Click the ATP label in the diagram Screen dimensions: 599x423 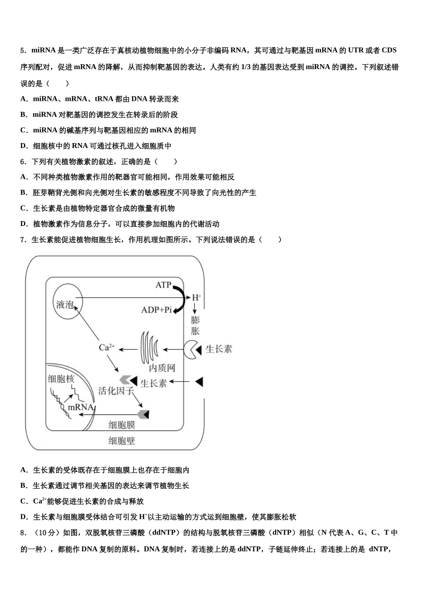point(163,284)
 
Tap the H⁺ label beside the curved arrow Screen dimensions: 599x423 point(196,297)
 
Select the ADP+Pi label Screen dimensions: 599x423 point(156,310)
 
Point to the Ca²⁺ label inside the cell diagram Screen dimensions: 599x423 point(106,347)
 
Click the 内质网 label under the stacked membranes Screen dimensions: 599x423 point(162,368)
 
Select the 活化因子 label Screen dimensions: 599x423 point(116,391)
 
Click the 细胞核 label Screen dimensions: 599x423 point(61,379)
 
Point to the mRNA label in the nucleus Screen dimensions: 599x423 point(81,407)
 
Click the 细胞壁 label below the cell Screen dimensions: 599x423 point(122,441)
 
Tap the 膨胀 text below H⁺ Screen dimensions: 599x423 point(195,325)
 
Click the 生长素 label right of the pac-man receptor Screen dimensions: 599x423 point(219,349)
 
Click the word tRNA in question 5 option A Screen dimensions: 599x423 point(104,99)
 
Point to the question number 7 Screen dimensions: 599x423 point(23,240)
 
